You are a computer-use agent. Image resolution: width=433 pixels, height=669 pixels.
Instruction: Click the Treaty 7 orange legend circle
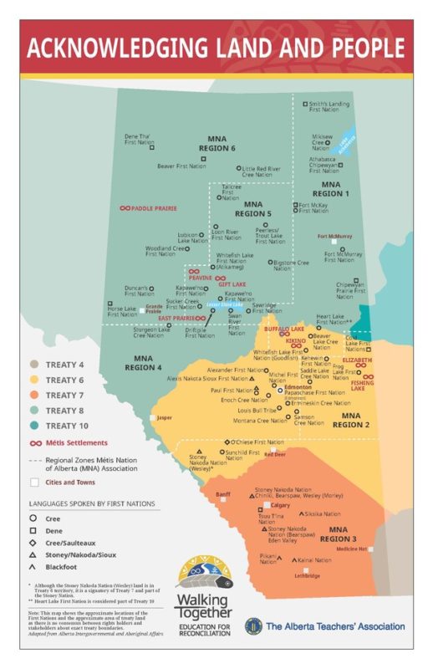[33, 395]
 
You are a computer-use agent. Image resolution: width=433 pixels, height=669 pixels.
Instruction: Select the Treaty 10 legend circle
[33, 426]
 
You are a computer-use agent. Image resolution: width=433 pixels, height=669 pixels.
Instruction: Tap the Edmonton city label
[298, 387]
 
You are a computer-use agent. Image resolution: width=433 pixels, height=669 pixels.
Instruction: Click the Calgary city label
[280, 505]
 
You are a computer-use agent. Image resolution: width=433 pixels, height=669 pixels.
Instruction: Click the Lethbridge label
[305, 575]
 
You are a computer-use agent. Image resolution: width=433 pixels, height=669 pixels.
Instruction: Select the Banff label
[222, 495]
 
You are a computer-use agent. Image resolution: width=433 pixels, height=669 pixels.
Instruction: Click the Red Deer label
[275, 455]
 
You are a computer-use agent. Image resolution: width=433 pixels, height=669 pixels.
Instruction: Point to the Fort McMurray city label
[334, 237]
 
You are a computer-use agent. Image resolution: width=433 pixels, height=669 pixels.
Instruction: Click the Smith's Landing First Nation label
[329, 106]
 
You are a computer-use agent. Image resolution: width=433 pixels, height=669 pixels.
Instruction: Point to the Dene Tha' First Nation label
[140, 140]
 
